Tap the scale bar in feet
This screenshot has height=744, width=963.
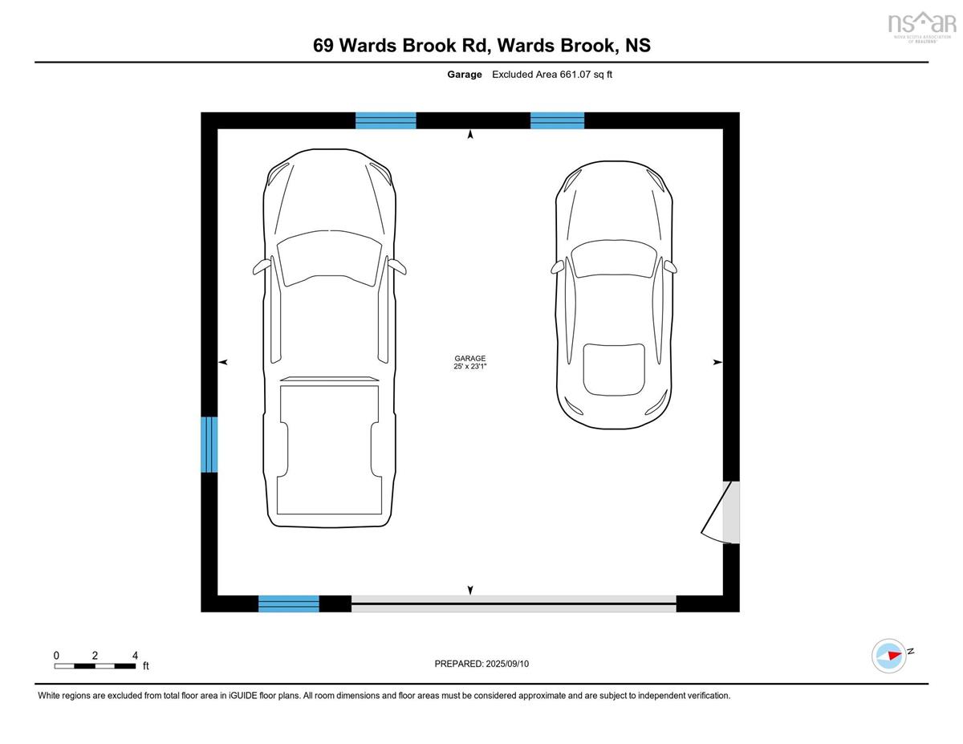(x=95, y=665)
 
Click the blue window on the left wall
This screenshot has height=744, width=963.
(x=209, y=444)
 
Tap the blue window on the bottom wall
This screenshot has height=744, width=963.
(x=289, y=604)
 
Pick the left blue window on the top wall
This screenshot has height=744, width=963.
(x=386, y=120)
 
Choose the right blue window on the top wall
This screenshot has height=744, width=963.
(x=557, y=120)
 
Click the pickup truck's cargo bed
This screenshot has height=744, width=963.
(x=329, y=449)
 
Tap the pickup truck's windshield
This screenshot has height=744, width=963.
(x=329, y=257)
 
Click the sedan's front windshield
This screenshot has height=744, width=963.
(x=614, y=258)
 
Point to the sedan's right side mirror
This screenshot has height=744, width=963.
(x=670, y=266)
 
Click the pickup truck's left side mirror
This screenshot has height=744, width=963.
(x=260, y=267)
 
